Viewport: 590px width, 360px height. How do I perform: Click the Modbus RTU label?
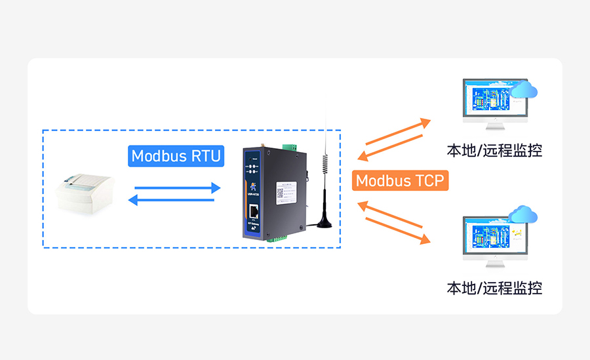click(175, 156)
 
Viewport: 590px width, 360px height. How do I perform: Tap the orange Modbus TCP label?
click(400, 180)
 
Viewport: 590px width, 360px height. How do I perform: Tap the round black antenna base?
click(324, 223)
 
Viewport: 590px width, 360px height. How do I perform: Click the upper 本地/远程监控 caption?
click(494, 150)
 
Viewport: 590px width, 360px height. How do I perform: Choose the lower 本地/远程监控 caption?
click(494, 287)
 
